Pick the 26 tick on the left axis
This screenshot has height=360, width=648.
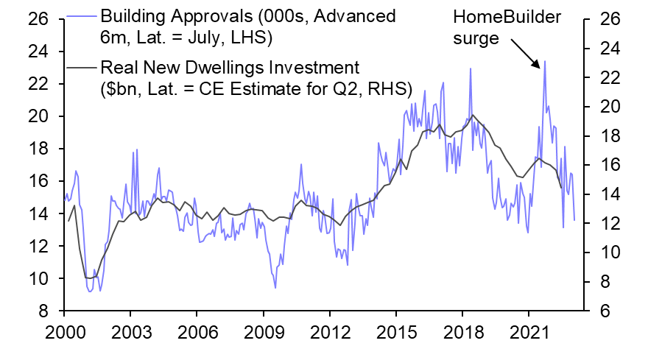[x=38, y=19]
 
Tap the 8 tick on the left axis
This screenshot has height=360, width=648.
[x=43, y=311]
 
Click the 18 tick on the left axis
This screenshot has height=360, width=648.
[x=38, y=149]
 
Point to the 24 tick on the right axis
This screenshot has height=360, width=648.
[x=608, y=49]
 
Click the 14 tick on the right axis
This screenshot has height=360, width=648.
[x=608, y=194]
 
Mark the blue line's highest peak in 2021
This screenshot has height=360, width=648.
[x=545, y=62]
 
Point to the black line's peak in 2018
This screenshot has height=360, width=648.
[x=472, y=115]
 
